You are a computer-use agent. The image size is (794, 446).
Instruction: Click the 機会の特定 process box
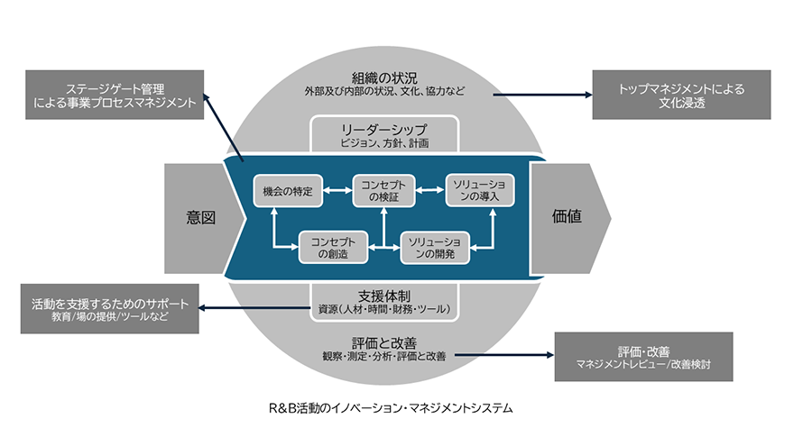pyautogui.click(x=287, y=190)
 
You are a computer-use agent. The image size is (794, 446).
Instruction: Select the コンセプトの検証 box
pyautogui.click(x=381, y=190)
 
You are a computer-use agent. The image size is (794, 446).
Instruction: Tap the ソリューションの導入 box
pyautogui.click(x=480, y=190)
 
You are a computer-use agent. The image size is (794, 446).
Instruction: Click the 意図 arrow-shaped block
pyautogui.click(x=201, y=217)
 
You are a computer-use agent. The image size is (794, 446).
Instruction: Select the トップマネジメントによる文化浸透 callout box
pyautogui.click(x=680, y=95)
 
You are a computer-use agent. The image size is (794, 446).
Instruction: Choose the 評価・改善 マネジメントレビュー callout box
pyautogui.click(x=643, y=357)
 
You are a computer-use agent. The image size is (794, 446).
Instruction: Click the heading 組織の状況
pyautogui.click(x=385, y=76)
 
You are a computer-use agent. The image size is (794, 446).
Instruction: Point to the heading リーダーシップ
pyautogui.click(x=384, y=129)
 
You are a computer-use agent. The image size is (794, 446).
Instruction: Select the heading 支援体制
pyautogui.click(x=384, y=295)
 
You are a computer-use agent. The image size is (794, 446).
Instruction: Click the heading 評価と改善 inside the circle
pyautogui.click(x=385, y=342)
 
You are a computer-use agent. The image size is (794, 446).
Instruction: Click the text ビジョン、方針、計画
pyautogui.click(x=384, y=143)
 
